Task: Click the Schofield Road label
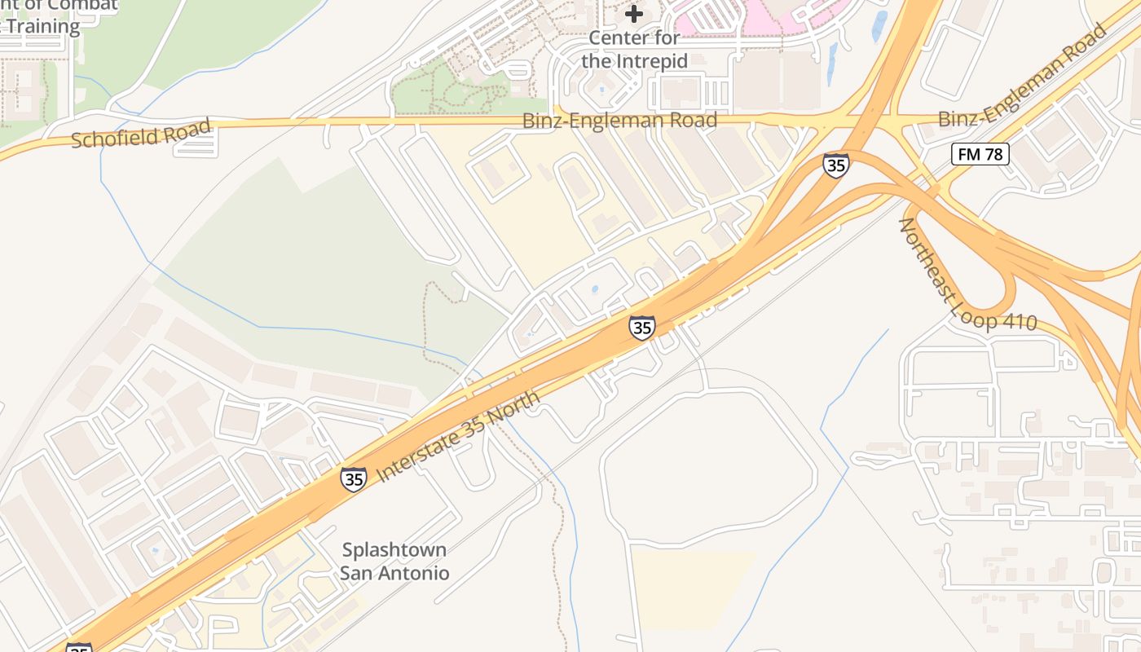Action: [141, 134]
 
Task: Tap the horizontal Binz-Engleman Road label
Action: [619, 121]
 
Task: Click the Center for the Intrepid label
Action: [634, 49]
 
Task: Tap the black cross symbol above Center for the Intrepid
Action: [634, 14]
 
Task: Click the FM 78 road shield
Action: [980, 153]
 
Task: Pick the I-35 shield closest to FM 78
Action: [835, 165]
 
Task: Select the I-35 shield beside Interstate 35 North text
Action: [354, 479]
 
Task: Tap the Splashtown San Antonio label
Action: [394, 561]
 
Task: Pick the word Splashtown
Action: [394, 549]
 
